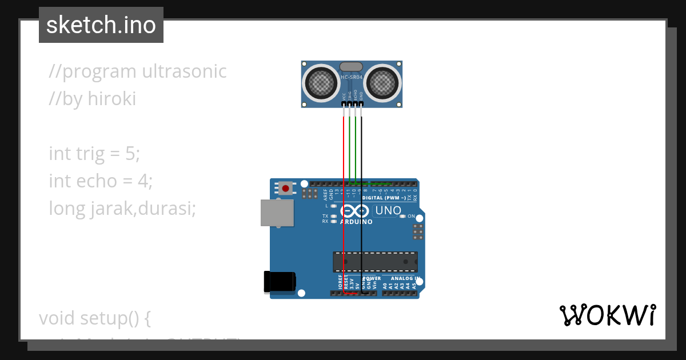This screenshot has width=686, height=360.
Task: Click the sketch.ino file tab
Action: (101, 25)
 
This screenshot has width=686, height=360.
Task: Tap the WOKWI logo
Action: (608, 315)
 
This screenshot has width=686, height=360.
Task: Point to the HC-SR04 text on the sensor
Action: (351, 77)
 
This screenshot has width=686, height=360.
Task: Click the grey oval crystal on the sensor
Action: (350, 67)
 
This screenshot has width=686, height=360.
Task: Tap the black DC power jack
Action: (280, 282)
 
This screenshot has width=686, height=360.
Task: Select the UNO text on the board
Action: (388, 211)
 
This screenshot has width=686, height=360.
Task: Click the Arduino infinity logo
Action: (356, 210)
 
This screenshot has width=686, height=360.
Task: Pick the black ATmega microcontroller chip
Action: (375, 261)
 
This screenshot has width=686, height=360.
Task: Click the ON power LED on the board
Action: (402, 216)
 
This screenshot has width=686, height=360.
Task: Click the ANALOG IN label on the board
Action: (405, 278)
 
